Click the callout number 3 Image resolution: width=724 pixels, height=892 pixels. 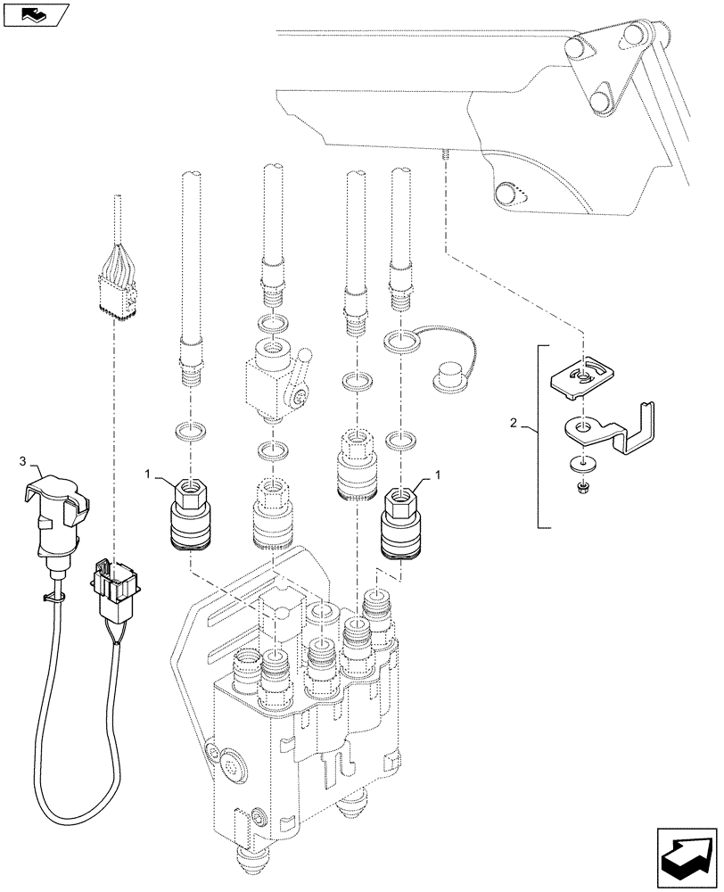pos(24,461)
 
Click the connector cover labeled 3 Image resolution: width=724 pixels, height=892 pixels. pos(59,522)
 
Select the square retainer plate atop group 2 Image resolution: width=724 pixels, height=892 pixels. pos(581,374)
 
